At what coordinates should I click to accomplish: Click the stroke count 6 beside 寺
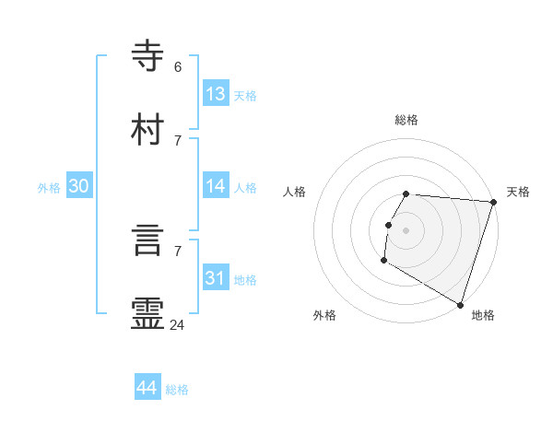[x=178, y=66]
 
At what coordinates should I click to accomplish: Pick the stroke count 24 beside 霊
[x=178, y=323]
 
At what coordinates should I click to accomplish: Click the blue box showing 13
[x=216, y=94]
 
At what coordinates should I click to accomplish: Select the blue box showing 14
[x=216, y=186]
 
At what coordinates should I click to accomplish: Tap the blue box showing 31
[x=216, y=278]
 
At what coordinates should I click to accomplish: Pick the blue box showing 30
[x=79, y=186]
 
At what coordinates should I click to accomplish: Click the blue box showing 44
[x=147, y=388]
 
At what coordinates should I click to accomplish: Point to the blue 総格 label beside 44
[x=177, y=390]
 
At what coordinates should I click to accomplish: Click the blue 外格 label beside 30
[x=49, y=188]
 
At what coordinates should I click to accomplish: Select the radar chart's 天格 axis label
[x=518, y=192]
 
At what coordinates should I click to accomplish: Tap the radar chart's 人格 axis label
[x=294, y=192]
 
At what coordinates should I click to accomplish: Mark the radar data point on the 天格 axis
[x=493, y=202]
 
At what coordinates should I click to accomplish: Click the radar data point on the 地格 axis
[x=460, y=304]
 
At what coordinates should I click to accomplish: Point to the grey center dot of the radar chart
[x=406, y=229]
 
